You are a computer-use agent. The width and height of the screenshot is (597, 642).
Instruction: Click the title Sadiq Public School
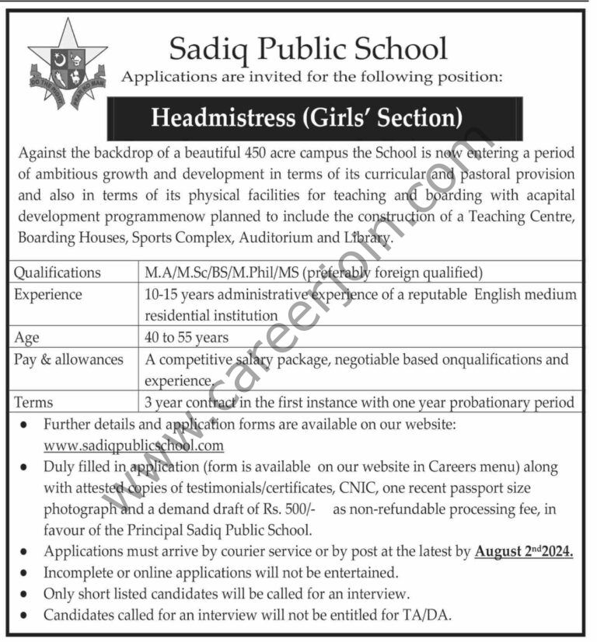pyautogui.click(x=309, y=48)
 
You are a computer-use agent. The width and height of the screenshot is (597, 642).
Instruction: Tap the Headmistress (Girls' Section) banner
pyautogui.click(x=307, y=118)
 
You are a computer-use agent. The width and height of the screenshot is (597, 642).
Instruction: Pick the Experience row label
pyautogui.click(x=48, y=294)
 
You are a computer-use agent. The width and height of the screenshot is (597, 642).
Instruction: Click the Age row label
pyautogui.click(x=26, y=337)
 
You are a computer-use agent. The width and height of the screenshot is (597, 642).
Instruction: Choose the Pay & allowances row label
pyautogui.click(x=69, y=359)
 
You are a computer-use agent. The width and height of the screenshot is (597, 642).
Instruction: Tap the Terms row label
pyautogui.click(x=35, y=402)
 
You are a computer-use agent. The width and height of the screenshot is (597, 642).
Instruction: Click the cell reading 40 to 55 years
pyautogui.click(x=187, y=337)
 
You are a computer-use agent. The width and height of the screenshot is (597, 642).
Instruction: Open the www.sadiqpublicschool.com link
pyautogui.click(x=134, y=446)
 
